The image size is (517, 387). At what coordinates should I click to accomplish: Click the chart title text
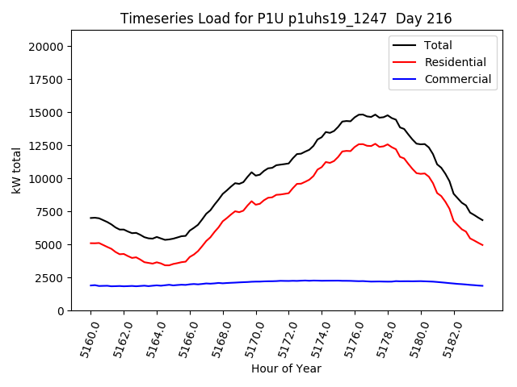286,18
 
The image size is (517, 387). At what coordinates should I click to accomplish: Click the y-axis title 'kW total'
16,170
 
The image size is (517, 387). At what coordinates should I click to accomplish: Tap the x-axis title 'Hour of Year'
286,368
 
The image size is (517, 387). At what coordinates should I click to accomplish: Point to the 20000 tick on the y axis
46,47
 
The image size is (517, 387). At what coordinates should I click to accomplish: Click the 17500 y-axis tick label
46,80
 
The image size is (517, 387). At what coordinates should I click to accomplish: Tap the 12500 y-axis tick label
46,146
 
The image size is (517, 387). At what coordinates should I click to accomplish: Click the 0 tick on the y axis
61,310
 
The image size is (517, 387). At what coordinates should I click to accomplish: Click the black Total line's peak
361,114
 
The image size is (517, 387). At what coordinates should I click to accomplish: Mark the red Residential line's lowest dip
166,265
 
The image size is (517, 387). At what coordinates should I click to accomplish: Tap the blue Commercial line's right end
482,285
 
